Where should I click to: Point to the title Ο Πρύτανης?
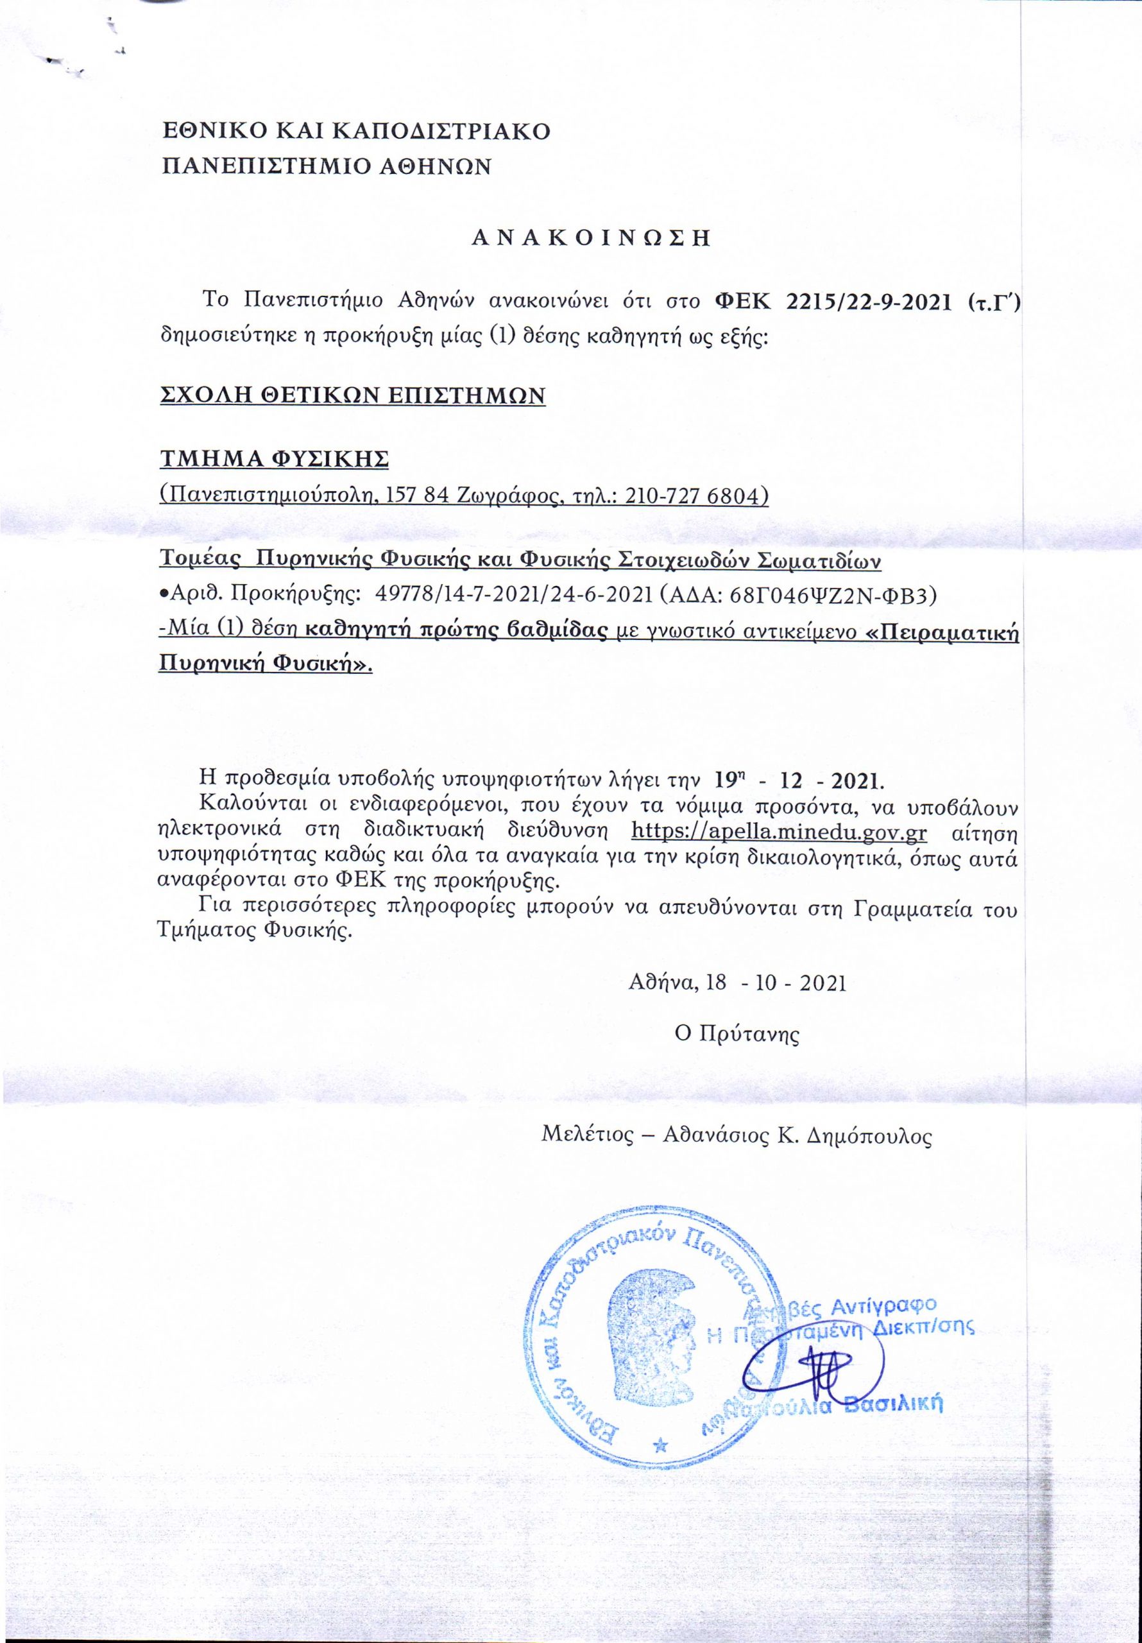737,1034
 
